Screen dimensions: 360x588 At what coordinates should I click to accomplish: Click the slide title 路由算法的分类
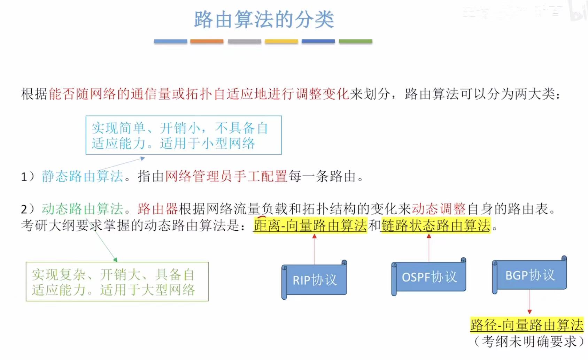[264, 19]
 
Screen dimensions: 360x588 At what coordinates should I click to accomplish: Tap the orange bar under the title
[207, 41]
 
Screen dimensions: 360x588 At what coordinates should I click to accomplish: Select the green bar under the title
[355, 41]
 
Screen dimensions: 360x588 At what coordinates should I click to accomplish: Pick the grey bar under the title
[244, 41]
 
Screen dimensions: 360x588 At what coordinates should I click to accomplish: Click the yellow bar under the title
[281, 41]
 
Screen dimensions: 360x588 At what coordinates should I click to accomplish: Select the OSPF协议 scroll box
[429, 277]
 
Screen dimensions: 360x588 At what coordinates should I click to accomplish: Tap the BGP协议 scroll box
[530, 275]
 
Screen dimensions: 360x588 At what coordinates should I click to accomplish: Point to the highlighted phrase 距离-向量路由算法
[310, 225]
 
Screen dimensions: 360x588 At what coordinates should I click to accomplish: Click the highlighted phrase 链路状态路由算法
[436, 225]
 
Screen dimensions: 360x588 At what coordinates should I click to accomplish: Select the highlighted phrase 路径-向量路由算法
[527, 325]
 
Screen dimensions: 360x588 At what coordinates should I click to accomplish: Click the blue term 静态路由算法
[83, 176]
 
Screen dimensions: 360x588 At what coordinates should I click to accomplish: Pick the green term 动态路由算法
[83, 209]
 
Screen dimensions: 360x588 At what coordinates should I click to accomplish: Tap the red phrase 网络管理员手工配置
[226, 176]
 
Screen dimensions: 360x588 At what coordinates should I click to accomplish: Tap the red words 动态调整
[439, 209]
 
